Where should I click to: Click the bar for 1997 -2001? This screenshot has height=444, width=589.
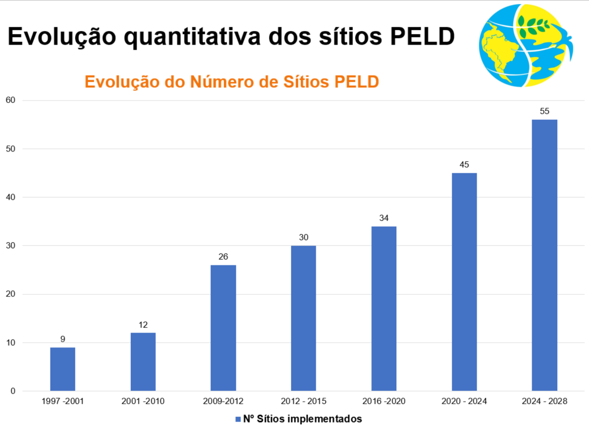[x=62, y=369]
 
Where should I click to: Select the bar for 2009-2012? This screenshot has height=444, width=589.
[x=223, y=328]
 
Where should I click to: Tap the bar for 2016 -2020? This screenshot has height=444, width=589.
[x=384, y=308]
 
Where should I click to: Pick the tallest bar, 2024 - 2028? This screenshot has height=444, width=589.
[x=544, y=255]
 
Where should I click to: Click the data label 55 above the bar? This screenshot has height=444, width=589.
[x=544, y=111]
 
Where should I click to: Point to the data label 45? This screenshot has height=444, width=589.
[x=464, y=165]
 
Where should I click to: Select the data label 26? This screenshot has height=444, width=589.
[x=223, y=257]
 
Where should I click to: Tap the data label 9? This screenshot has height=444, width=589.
[x=62, y=339]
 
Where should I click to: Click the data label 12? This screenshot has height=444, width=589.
[x=143, y=325]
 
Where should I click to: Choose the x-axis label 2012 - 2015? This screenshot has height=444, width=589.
[x=303, y=401]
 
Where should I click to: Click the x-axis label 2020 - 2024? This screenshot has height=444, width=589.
[x=464, y=401]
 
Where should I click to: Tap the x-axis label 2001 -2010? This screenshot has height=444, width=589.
[x=143, y=401]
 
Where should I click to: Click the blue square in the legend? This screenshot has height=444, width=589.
[x=238, y=419]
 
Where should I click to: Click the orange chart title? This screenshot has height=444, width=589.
[x=231, y=82]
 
